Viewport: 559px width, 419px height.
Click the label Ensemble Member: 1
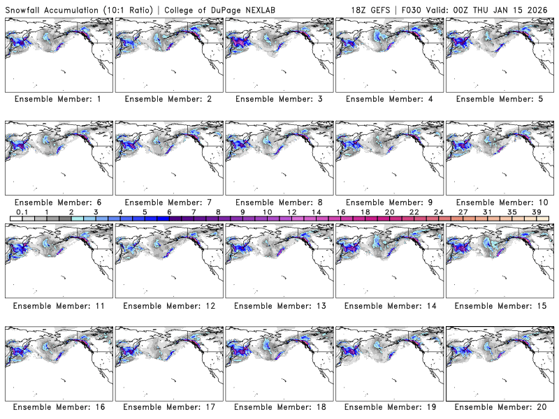click(x=58, y=99)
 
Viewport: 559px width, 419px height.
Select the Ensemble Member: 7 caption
click(x=168, y=202)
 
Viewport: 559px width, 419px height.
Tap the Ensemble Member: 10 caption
click(x=498, y=202)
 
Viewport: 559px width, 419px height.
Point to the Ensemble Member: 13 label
click(x=278, y=305)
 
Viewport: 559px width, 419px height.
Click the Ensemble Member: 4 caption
click(x=388, y=99)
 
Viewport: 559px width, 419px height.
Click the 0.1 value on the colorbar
click(x=22, y=212)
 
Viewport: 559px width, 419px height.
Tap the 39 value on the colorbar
click(x=536, y=212)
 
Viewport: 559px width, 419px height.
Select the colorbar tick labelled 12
click(x=291, y=212)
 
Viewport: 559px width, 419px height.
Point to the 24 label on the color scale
click(x=438, y=212)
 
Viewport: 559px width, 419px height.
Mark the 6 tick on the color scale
click(x=169, y=212)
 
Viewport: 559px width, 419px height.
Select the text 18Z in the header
click(x=359, y=7)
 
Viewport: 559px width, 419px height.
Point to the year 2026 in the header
click(x=542, y=7)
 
